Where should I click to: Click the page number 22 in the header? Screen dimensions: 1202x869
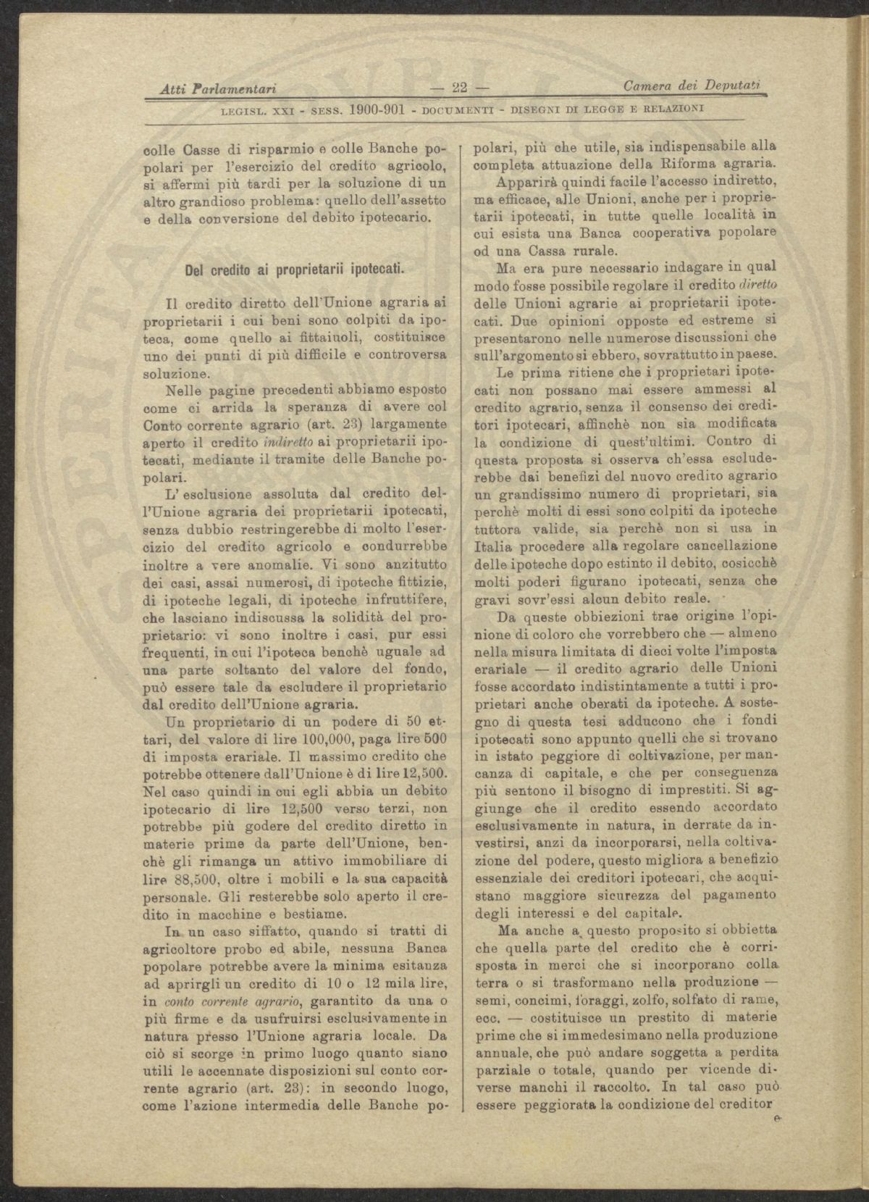tap(459, 88)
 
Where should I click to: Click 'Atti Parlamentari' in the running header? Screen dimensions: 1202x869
tap(219, 89)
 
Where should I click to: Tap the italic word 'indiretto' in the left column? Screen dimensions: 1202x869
tap(268, 443)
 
